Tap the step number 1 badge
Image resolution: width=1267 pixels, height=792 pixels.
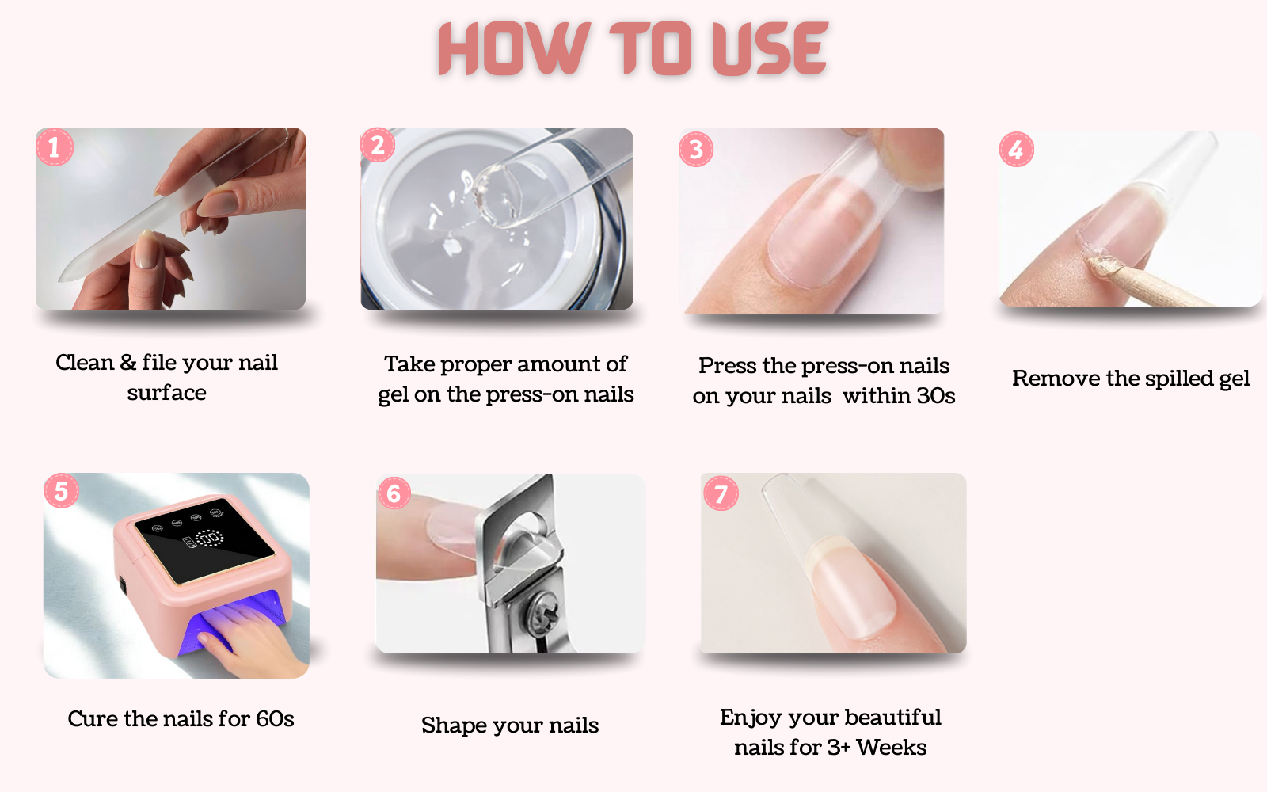click(x=55, y=147)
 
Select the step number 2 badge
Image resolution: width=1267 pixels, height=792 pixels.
click(x=378, y=145)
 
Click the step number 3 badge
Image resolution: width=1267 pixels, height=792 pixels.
click(x=696, y=150)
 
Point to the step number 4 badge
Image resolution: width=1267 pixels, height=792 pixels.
click(x=1017, y=150)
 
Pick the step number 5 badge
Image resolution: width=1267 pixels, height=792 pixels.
click(x=62, y=490)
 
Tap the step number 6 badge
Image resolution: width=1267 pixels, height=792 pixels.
click(x=394, y=493)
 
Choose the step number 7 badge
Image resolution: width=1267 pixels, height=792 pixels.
click(x=721, y=493)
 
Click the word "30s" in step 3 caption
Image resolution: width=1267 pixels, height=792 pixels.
click(x=936, y=395)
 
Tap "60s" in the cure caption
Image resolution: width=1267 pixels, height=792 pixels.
click(x=275, y=718)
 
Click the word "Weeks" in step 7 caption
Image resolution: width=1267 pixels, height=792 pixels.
click(x=892, y=748)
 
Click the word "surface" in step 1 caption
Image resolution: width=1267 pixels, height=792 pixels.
click(x=167, y=393)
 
